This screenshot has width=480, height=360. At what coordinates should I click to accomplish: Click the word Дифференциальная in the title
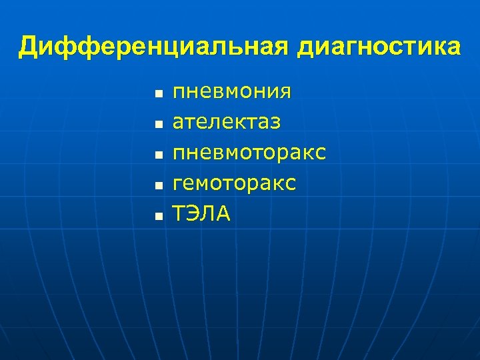click(x=154, y=47)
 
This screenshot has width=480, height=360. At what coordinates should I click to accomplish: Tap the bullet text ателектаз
click(x=227, y=122)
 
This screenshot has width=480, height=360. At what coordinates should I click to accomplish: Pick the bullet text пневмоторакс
click(x=249, y=153)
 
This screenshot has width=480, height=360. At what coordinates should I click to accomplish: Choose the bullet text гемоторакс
click(x=234, y=183)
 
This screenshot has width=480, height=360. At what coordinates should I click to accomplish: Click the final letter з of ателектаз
click(x=275, y=123)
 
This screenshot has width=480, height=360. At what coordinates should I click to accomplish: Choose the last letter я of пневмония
click(x=285, y=92)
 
